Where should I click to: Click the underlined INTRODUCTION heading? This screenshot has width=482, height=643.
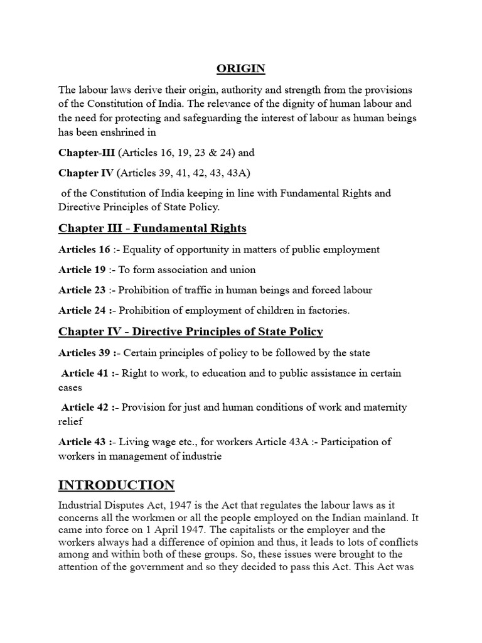point(117,485)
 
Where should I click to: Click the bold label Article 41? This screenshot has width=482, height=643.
point(85,373)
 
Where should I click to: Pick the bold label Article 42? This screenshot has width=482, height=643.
point(85,407)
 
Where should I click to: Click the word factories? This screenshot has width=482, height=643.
point(326,310)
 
